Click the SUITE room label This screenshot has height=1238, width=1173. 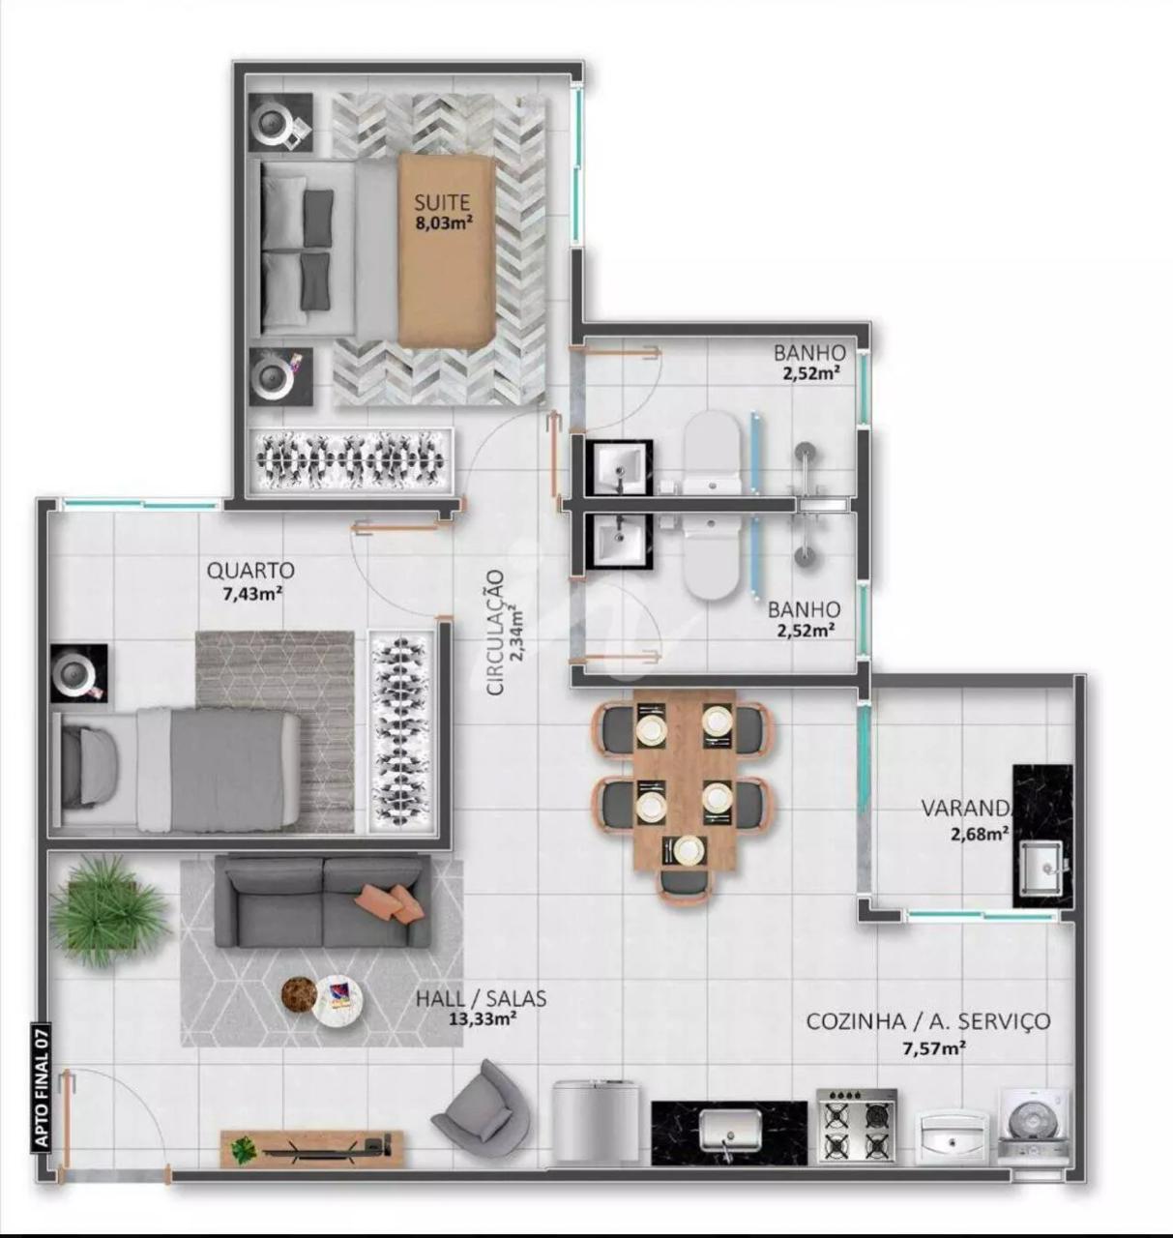pyautogui.click(x=442, y=203)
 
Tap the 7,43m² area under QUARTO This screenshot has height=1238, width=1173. pyautogui.click(x=251, y=593)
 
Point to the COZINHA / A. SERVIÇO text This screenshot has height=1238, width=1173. pyautogui.click(x=928, y=1021)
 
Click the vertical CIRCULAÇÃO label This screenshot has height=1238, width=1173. pyautogui.click(x=496, y=633)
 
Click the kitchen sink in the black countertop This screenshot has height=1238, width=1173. pyautogui.click(x=730, y=1131)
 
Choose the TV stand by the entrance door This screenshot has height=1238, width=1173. pyautogui.click(x=313, y=1149)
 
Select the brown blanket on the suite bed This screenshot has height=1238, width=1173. pyautogui.click(x=447, y=250)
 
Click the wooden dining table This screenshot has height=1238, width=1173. pyautogui.click(x=685, y=781)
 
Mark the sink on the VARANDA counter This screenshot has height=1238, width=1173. pyautogui.click(x=1041, y=868)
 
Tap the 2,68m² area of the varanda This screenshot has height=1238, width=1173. pyautogui.click(x=981, y=834)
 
